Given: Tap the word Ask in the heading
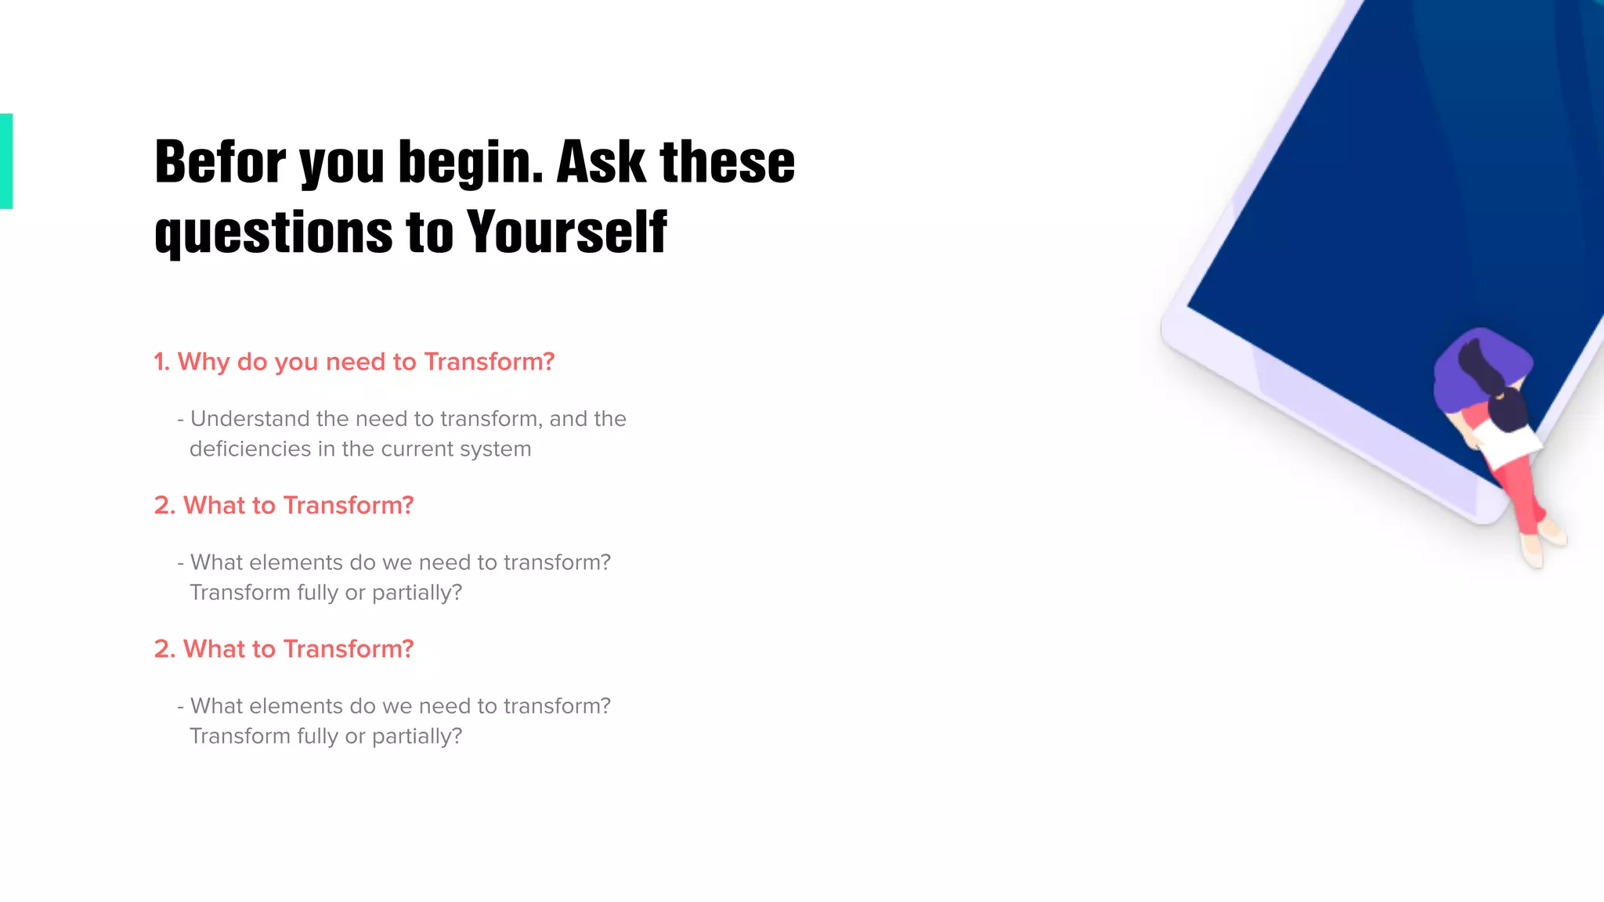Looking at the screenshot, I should click(x=601, y=162).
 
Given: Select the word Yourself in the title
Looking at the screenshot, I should click(x=566, y=233).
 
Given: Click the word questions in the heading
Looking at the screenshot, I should click(x=273, y=234).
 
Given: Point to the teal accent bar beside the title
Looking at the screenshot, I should click(x=6, y=161).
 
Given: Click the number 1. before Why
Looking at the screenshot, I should click(x=161, y=362).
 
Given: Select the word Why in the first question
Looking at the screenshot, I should click(x=204, y=362).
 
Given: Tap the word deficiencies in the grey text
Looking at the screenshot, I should click(x=250, y=449).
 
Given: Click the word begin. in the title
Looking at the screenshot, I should click(x=471, y=164).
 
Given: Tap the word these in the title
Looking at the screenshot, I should click(x=727, y=162).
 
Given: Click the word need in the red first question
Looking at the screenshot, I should click(x=355, y=362).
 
